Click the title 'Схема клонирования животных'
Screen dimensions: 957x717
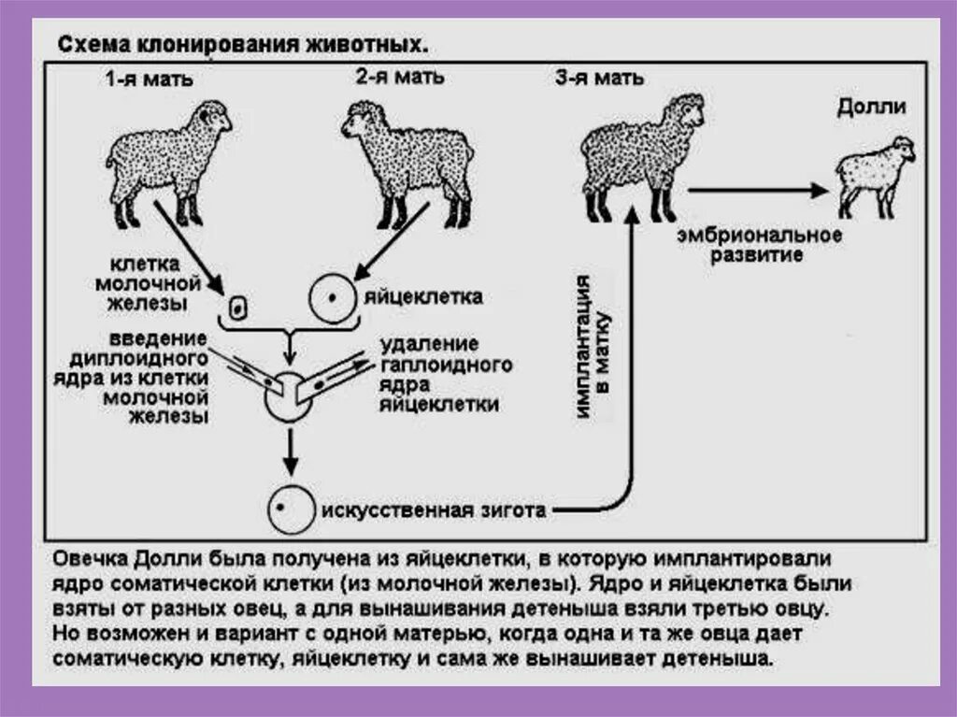(245, 45)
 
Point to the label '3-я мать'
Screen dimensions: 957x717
(599, 79)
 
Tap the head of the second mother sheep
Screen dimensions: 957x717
(362, 122)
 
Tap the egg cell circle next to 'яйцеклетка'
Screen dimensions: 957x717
(331, 298)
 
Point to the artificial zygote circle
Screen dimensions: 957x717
(289, 509)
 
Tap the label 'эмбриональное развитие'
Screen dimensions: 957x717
(760, 245)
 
